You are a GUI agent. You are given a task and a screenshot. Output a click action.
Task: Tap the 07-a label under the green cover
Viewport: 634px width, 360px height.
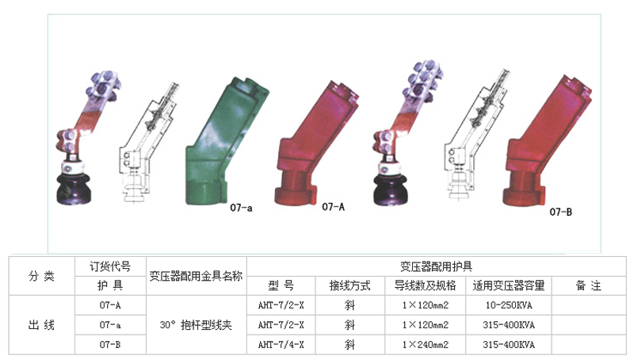coord(241,208)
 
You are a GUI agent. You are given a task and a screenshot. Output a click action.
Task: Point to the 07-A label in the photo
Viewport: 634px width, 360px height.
coord(333,207)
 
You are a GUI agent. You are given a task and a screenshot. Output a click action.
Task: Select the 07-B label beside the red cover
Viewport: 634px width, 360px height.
coord(560,212)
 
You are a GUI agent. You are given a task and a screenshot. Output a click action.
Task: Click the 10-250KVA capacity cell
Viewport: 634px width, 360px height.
coord(509,305)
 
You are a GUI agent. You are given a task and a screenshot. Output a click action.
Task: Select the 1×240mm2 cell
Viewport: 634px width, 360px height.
coord(426,345)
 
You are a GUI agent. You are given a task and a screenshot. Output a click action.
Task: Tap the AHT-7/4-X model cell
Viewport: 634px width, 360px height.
coord(281,345)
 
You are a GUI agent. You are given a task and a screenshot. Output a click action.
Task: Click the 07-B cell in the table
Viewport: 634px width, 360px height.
coord(110,345)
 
